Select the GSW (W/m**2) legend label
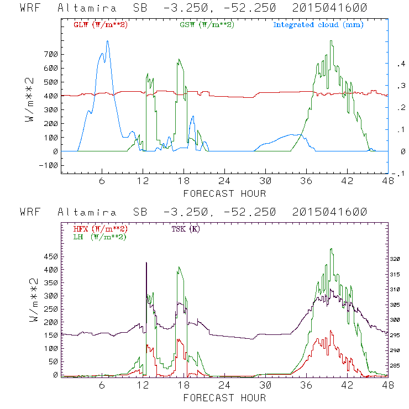pos(207,24)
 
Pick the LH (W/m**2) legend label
pos(99,237)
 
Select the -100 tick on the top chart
pos(49,165)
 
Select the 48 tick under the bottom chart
pos(388,385)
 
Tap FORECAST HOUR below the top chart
pos(224,193)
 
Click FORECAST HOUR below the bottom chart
pos(224,397)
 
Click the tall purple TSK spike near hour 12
pos(146,263)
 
